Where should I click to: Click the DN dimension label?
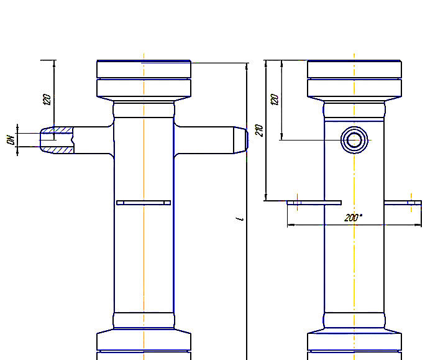[11, 140]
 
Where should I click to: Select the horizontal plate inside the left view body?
[144, 202]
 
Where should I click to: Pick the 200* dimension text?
[353, 218]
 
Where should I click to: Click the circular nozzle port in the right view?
[355, 140]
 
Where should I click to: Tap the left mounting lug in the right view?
[314, 202]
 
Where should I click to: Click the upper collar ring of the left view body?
[144, 110]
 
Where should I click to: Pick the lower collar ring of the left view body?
[144, 321]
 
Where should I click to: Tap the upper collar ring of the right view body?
[355, 110]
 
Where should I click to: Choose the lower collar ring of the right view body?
[355, 321]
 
